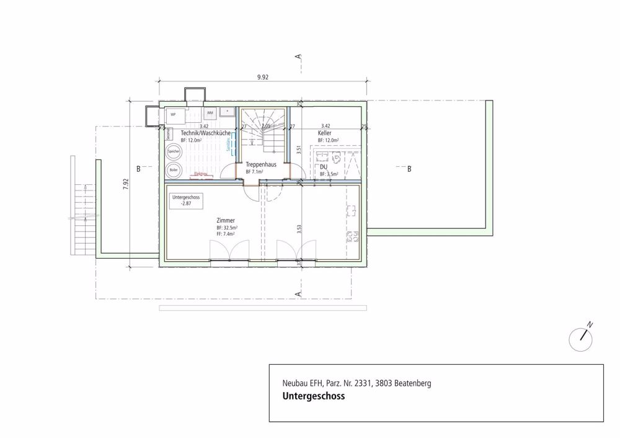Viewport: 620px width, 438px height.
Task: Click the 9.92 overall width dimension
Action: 262,78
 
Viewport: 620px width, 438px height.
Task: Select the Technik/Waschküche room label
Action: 206,133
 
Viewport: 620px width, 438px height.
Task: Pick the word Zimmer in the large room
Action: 226,220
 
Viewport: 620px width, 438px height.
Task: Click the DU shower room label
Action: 324,168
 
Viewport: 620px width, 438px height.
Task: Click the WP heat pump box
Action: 174,115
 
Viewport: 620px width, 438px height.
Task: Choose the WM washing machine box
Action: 210,113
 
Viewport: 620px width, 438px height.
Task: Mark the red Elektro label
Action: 200,174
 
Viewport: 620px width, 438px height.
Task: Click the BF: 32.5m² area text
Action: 228,228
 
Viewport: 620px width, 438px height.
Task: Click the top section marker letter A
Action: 299,57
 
